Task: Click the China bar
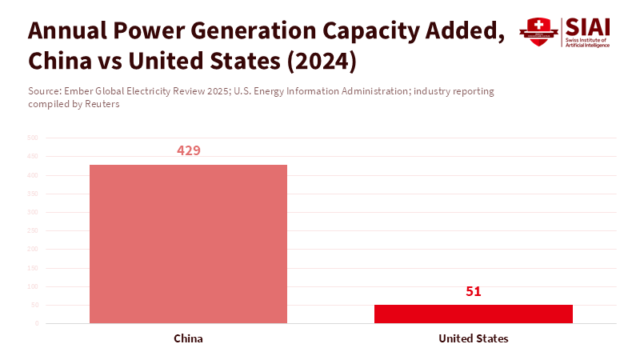click(188, 244)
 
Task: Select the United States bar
click(474, 314)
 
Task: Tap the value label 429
click(189, 150)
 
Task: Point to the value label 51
click(474, 291)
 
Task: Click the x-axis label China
click(188, 338)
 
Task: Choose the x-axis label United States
click(474, 338)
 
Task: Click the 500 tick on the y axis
click(33, 138)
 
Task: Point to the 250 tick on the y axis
click(33, 231)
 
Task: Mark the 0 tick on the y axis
click(36, 324)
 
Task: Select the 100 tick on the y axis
click(33, 286)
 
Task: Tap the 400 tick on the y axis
click(33, 175)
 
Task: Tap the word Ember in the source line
click(95, 91)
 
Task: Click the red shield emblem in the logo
click(538, 32)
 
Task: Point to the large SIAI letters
click(587, 26)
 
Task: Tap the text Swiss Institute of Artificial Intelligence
click(587, 42)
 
